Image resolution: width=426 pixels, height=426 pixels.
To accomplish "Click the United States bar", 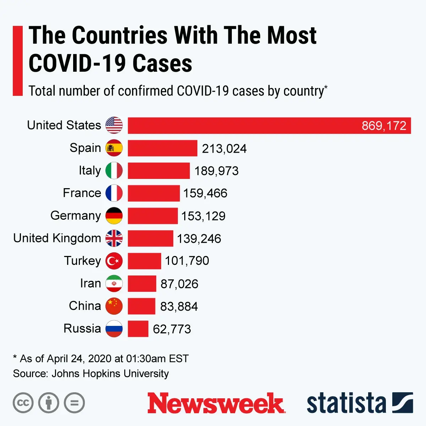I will coord(248,126).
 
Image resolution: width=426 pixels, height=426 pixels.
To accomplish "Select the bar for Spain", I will coord(162,148).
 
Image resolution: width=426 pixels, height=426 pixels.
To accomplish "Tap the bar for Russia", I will coord(138,329).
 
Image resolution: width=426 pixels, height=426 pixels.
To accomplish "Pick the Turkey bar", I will coord(144,261).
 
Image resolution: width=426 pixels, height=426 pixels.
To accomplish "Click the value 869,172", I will coord(384,126).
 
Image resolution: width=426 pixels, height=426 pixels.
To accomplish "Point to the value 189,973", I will coord(216,171).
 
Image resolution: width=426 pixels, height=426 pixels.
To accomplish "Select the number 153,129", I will coord(203,216).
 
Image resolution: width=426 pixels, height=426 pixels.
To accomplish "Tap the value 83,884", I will coord(179,306).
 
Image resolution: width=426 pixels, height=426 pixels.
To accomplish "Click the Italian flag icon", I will coord(114,171).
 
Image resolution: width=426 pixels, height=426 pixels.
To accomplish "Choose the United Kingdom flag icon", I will coord(114,238).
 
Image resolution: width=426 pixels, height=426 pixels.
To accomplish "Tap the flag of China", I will coord(114,306).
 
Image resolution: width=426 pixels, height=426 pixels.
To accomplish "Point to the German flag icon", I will coord(114,216).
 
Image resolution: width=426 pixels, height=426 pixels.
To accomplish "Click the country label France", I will coord(82,193).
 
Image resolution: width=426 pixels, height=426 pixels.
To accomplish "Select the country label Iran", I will coord(91,283).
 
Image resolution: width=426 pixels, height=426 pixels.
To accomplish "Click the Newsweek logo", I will coord(216,403).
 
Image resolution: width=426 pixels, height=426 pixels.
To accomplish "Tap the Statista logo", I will coord(359,403).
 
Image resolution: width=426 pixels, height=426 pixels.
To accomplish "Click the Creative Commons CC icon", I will coord(23,403).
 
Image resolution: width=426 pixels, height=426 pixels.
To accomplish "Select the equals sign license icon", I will coord(74,403).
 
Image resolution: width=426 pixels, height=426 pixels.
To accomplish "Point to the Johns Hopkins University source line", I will coord(91,373).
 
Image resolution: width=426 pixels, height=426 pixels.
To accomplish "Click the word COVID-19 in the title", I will coord(77,63).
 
